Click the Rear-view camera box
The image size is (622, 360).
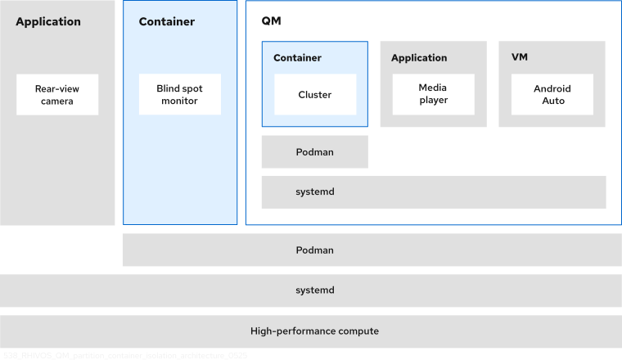(x=57, y=94)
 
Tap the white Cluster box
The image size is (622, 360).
(x=315, y=94)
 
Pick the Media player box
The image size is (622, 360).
(x=433, y=94)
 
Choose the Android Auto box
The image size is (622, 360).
(x=552, y=94)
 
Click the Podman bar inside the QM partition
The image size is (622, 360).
(x=315, y=151)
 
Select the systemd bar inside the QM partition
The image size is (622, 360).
(x=434, y=191)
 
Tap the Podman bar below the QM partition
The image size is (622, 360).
(x=372, y=250)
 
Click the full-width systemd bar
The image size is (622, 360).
(x=311, y=290)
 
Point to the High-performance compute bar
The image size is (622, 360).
(x=311, y=331)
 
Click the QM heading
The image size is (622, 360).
(x=271, y=22)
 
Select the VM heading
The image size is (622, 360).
(x=519, y=58)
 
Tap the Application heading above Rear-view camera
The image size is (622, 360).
(x=48, y=22)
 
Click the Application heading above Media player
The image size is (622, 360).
(x=419, y=58)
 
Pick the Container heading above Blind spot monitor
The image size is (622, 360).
(x=167, y=22)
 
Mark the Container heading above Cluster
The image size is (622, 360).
(x=297, y=58)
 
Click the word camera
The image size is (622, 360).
(x=57, y=101)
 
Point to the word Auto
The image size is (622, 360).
(x=552, y=101)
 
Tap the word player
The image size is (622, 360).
(x=433, y=101)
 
